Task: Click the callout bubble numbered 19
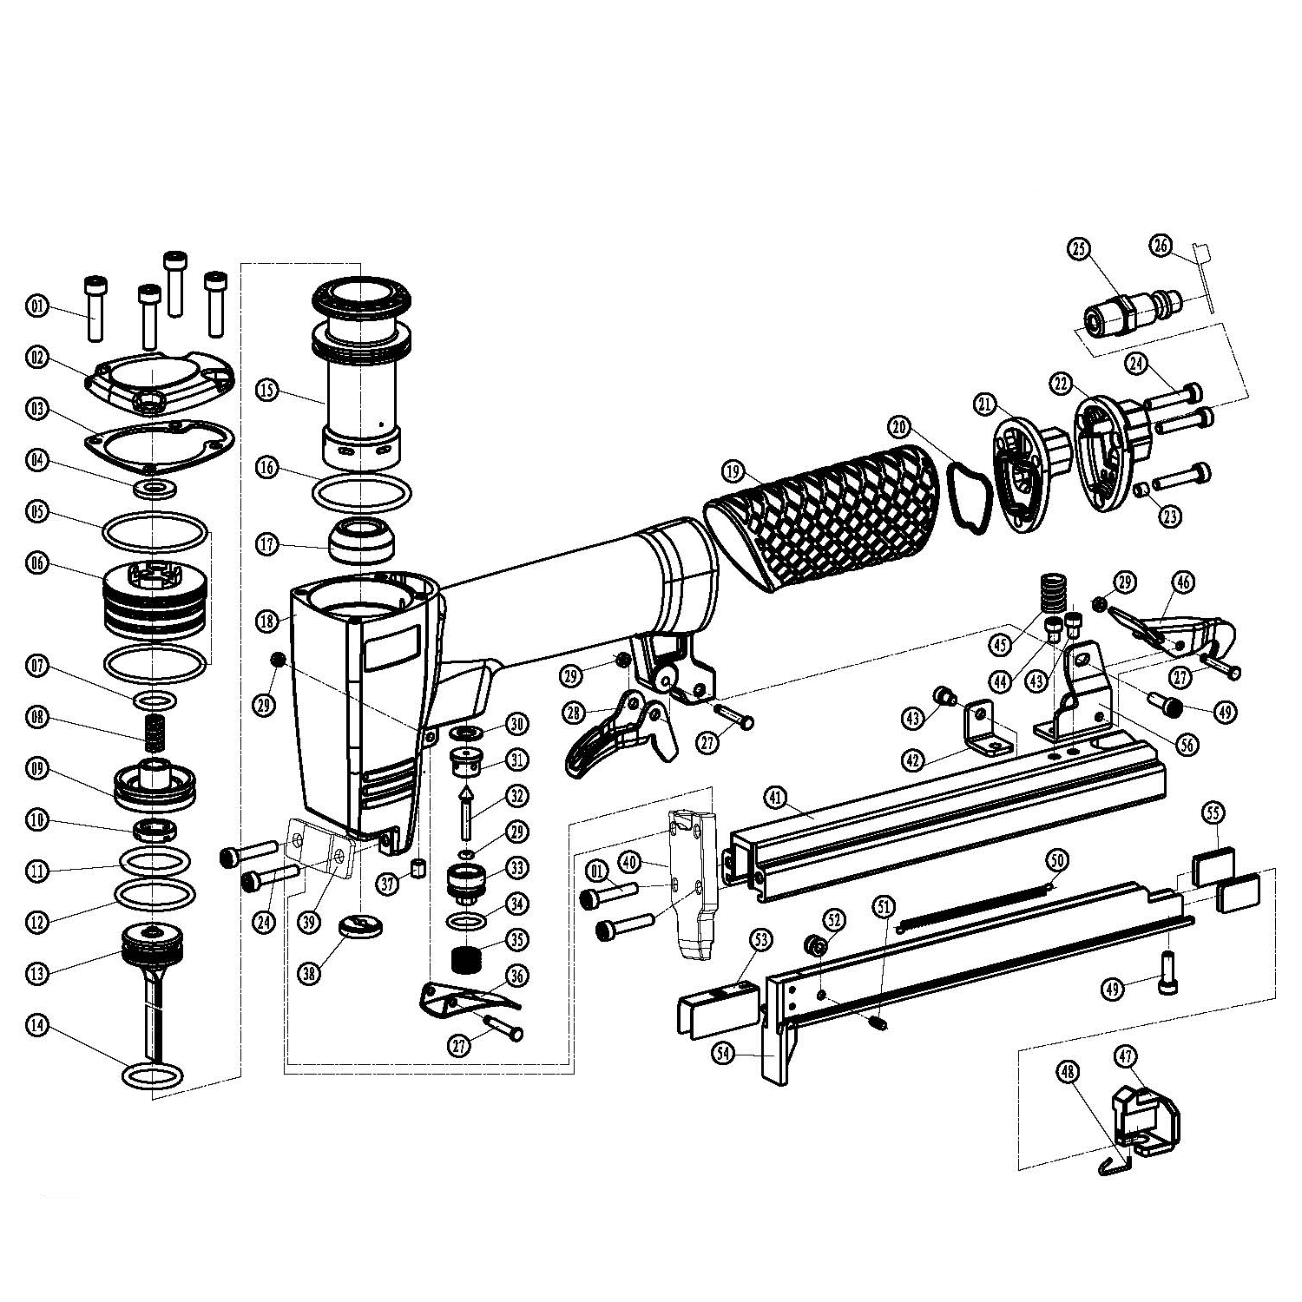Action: [734, 471]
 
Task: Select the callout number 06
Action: [38, 562]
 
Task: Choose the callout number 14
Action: [38, 1026]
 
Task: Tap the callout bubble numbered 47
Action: [1126, 1055]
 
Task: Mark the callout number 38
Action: [309, 972]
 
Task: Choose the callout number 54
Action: [725, 1053]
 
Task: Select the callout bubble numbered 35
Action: [518, 941]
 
